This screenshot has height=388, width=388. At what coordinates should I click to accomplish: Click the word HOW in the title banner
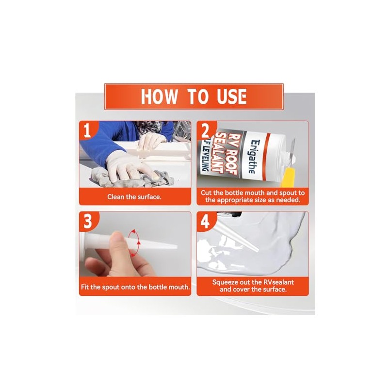pos(160,97)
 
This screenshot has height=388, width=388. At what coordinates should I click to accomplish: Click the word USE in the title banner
pos(232,97)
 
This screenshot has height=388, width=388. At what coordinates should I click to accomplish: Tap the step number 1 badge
pos(88,130)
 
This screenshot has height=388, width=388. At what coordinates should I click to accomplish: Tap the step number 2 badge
pos(206,130)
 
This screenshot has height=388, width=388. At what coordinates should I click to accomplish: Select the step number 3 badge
pos(88,221)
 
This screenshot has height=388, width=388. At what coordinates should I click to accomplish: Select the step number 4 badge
pos(205,221)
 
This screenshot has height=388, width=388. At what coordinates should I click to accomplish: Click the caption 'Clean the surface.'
pos(134,197)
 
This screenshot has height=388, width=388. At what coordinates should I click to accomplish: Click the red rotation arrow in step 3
pos(135,242)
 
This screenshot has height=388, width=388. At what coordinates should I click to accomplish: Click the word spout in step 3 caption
pos(111,288)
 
